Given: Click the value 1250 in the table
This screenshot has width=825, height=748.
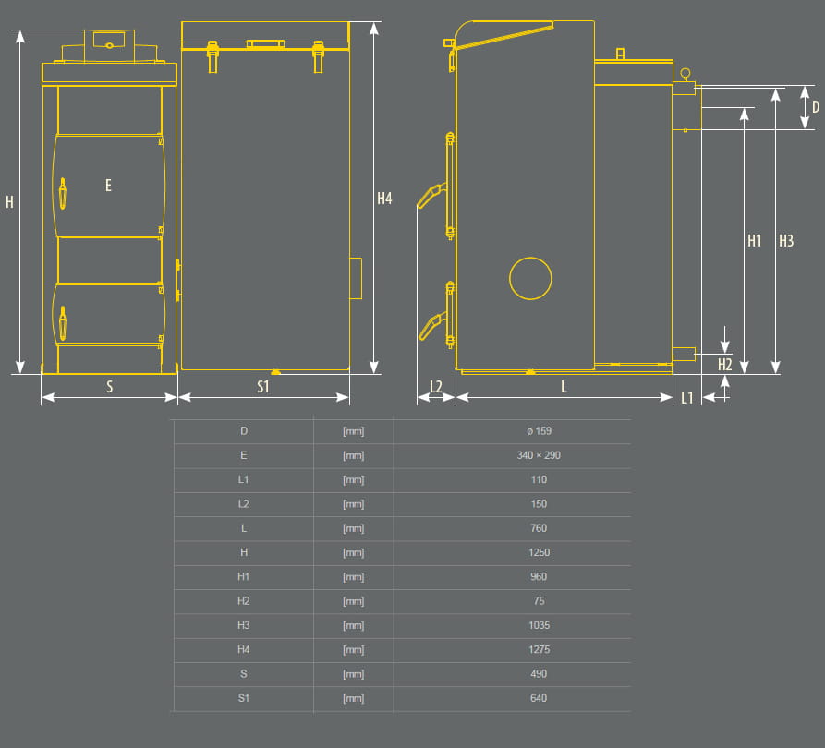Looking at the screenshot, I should [x=539, y=552].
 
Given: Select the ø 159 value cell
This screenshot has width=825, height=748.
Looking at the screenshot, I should [x=539, y=431].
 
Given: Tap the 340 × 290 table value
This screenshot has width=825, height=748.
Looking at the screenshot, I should [x=539, y=455].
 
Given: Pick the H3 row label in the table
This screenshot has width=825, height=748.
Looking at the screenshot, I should [x=244, y=625].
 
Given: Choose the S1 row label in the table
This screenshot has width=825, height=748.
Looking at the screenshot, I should [x=244, y=698].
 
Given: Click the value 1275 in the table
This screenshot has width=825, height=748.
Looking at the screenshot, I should [x=539, y=649].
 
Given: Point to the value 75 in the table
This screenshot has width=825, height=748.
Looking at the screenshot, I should [x=539, y=601].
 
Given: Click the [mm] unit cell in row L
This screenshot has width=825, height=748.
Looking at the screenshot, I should [x=353, y=528].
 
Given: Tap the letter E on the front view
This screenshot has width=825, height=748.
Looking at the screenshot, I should [x=108, y=186].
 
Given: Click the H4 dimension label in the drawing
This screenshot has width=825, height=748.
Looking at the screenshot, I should [x=385, y=198].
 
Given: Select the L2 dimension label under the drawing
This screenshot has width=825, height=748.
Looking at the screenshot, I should [x=436, y=387].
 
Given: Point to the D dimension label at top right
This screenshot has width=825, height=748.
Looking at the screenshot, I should [x=815, y=107].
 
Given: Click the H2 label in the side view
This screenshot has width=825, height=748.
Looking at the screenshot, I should [x=725, y=365].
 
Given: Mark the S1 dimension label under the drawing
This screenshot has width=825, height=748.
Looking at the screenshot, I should [x=263, y=387].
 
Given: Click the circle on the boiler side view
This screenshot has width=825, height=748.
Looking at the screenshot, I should [x=530, y=278].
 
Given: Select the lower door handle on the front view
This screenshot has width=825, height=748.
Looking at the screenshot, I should [x=63, y=324].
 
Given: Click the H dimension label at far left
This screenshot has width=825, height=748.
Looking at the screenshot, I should [x=9, y=201].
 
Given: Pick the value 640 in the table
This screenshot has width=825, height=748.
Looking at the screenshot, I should [x=539, y=698].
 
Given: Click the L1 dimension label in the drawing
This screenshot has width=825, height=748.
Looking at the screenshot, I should [x=687, y=398].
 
